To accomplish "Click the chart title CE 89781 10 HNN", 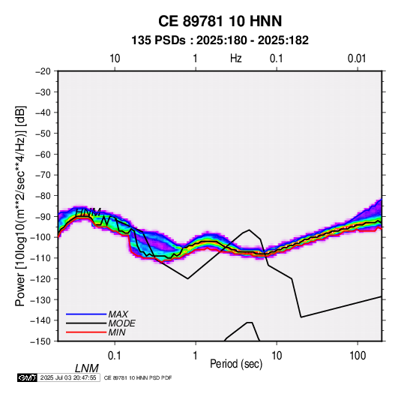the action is click(220, 21).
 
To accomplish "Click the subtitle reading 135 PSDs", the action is click(158, 41).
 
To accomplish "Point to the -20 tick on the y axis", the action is click(43, 71).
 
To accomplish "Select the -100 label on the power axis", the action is click(41, 237).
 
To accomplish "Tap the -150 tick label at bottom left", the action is click(41, 341).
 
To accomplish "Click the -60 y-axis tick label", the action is click(43, 154).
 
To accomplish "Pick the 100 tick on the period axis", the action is click(358, 356).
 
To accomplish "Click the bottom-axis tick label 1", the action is click(196, 356).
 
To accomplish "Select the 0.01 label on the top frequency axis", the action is click(357, 59).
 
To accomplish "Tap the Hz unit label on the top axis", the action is click(236, 59).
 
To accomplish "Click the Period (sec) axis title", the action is click(236, 364).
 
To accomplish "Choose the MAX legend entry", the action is click(118, 314).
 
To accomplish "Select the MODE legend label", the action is click(121, 323).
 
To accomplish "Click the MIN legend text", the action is click(117, 332).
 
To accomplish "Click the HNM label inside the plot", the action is click(88, 212).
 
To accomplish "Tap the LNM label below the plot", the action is click(87, 368).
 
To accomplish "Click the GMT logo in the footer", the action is click(27, 377).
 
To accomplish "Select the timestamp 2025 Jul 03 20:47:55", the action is click(68, 377).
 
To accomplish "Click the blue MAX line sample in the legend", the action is click(86, 314).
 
